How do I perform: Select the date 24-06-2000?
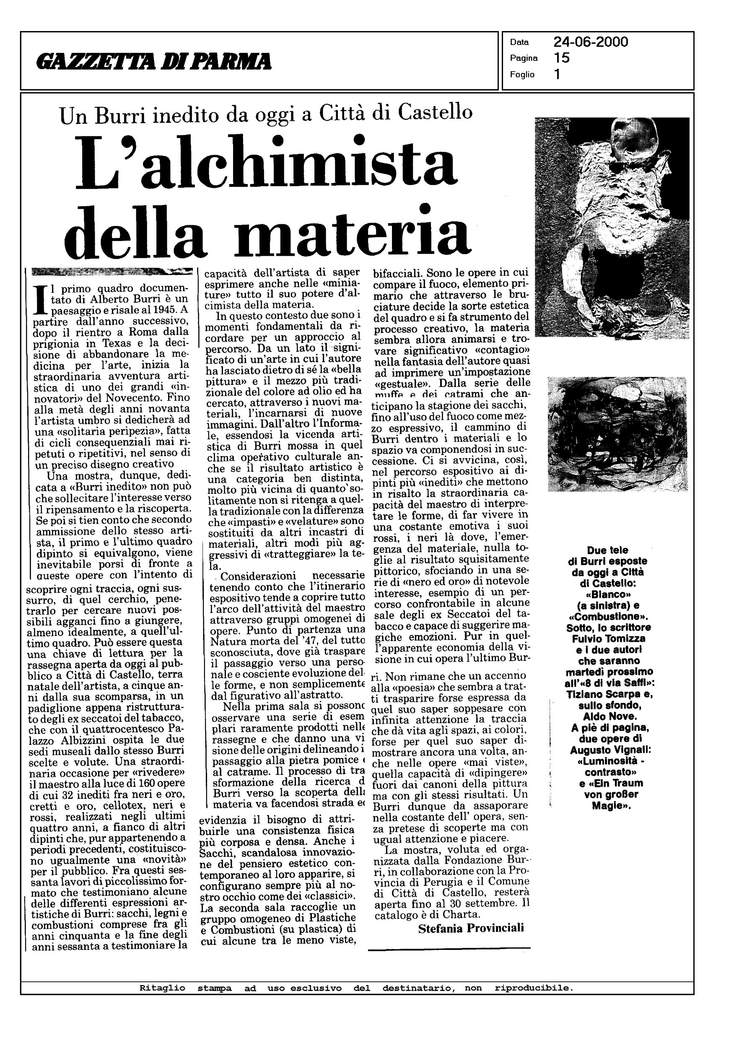[x=591, y=42]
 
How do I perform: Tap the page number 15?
[x=562, y=58]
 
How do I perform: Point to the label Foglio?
[x=522, y=75]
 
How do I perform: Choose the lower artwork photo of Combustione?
[x=617, y=433]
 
